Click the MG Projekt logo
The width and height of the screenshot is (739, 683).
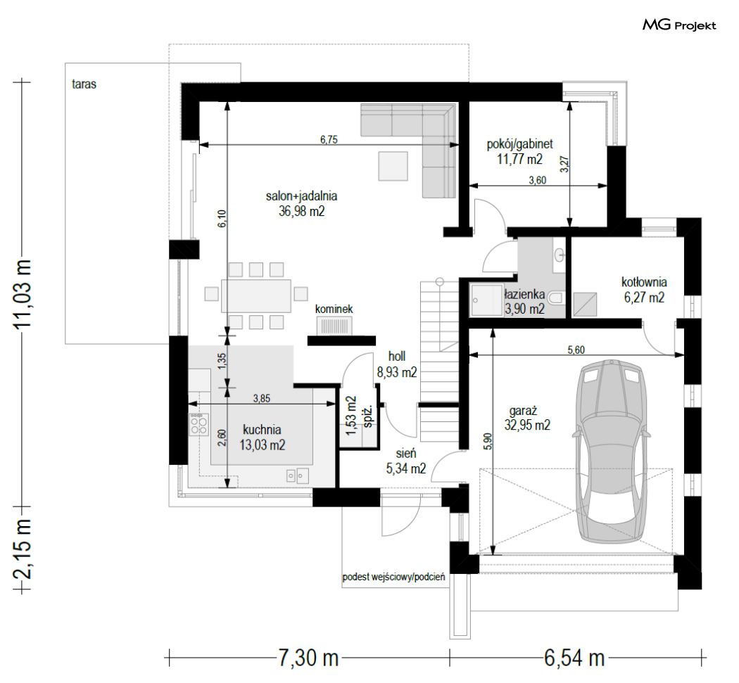(679, 25)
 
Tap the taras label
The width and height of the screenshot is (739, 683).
(84, 84)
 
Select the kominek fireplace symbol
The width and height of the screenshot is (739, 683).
(334, 326)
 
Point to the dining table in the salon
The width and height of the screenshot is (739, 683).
(256, 296)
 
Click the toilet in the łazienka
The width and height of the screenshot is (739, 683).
(557, 298)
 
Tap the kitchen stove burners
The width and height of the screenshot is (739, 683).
(198, 424)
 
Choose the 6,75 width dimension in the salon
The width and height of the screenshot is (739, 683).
(329, 139)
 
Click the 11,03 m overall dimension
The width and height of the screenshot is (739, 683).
(23, 294)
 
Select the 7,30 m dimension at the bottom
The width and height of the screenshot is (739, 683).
(308, 658)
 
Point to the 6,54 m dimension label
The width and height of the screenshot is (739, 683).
(574, 658)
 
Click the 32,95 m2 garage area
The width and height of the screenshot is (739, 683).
(527, 425)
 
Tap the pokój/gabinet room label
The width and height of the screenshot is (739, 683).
(519, 143)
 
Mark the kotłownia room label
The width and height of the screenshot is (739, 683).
(644, 282)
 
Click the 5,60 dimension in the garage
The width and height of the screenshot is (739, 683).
(576, 350)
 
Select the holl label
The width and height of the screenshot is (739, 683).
(397, 356)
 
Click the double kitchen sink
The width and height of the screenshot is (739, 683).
(298, 475)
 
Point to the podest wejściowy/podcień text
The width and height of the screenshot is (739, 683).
(393, 577)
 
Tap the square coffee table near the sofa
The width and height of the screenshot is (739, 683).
(393, 166)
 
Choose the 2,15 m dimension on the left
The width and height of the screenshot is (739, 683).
(23, 549)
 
